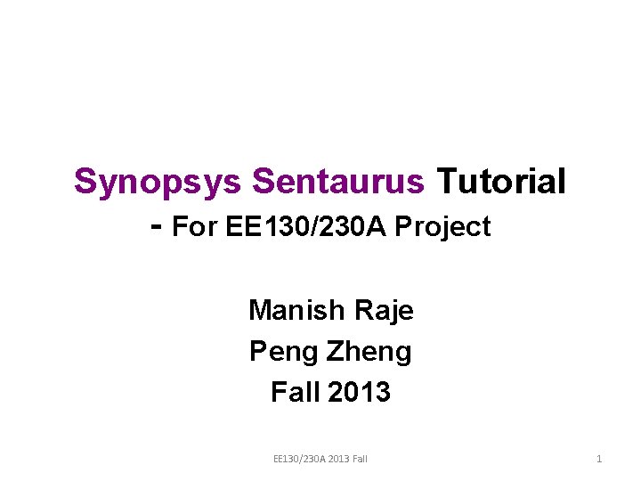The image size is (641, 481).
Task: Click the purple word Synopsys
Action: point(158,183)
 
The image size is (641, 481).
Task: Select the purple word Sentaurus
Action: point(338,181)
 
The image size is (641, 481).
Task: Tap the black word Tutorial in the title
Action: point(501,180)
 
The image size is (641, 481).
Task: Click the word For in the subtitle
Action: point(194,225)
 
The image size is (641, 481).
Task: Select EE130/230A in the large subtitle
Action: point(305,225)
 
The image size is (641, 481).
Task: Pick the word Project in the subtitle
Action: point(442,227)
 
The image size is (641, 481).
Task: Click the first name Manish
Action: point(296,310)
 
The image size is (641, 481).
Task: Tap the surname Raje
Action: point(384,312)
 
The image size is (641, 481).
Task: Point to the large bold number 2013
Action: point(359,391)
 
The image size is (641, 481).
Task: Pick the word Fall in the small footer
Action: point(360,459)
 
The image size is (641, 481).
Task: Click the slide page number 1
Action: point(599,459)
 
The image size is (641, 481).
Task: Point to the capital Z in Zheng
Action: point(336,351)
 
